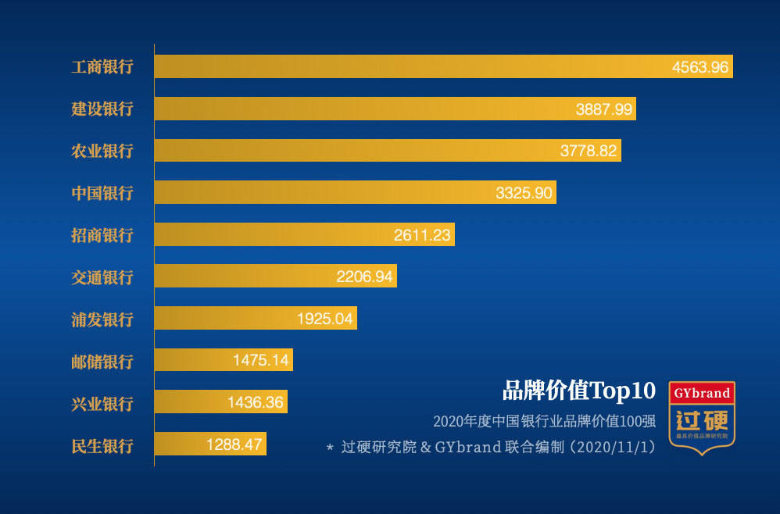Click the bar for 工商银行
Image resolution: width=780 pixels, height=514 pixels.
point(406,66)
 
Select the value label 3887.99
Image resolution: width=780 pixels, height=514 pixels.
point(603,109)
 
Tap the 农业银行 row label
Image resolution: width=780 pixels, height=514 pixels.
point(102,151)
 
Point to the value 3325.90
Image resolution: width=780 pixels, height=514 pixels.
point(524,193)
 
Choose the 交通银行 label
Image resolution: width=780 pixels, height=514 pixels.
point(102,277)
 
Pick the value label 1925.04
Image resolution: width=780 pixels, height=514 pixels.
point(325,319)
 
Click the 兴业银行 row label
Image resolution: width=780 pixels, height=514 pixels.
point(102,404)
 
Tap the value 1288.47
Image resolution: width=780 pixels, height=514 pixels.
point(234,445)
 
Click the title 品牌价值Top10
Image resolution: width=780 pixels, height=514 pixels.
point(578,391)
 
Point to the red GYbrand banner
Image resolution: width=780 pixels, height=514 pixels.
point(702,393)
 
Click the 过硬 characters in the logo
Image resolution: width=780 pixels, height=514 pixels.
point(702,418)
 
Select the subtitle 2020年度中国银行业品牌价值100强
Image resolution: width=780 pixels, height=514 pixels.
point(544,422)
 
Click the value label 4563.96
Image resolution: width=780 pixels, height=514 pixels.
point(700,67)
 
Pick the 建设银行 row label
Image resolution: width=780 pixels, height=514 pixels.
point(102,109)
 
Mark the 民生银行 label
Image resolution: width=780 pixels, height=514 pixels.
point(102,446)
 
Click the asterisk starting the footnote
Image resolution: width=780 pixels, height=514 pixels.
point(331,449)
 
